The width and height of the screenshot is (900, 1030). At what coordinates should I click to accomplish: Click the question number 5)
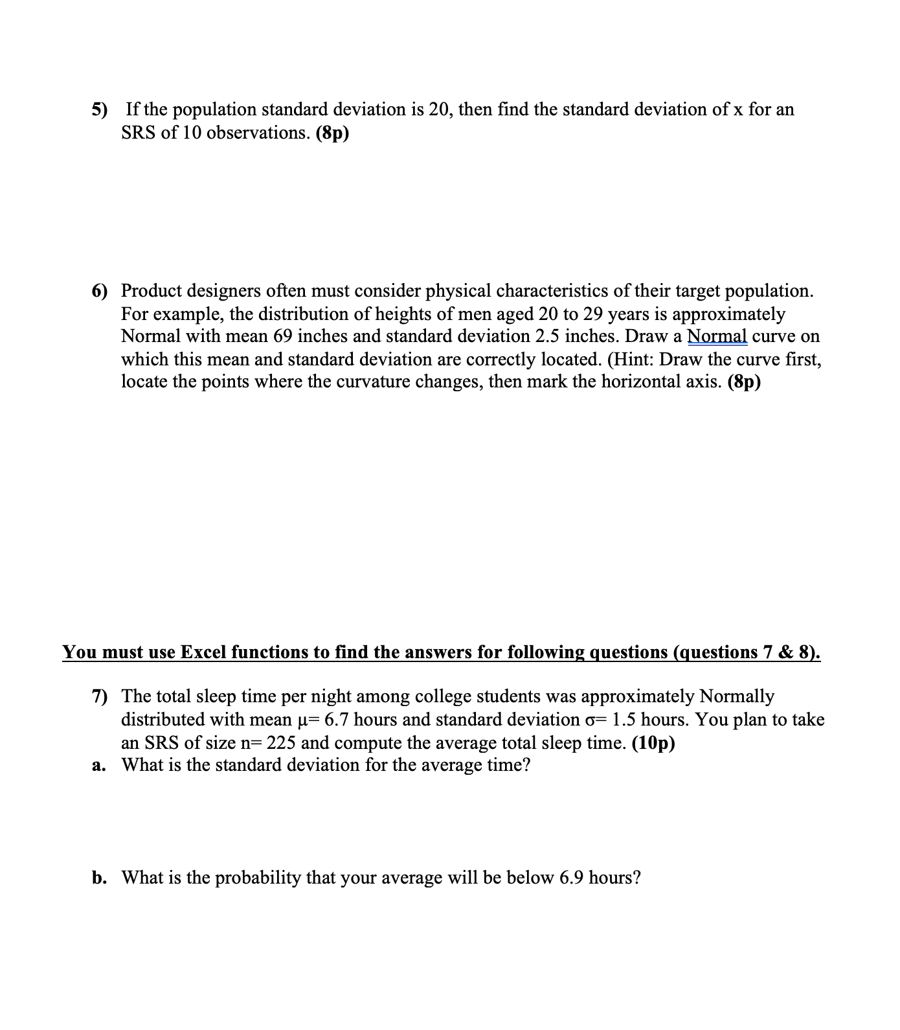click(x=99, y=109)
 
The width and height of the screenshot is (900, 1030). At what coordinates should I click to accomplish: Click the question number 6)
click(x=99, y=291)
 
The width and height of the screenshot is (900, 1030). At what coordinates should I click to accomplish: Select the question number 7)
click(x=99, y=697)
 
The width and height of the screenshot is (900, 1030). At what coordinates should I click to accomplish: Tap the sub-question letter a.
click(x=98, y=766)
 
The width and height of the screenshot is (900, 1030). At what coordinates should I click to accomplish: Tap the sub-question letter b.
click(x=99, y=878)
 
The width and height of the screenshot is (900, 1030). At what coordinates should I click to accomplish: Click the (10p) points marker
click(x=653, y=743)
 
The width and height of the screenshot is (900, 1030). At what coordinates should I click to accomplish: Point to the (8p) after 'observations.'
click(x=332, y=133)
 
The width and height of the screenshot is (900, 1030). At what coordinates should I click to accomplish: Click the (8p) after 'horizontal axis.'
click(x=745, y=382)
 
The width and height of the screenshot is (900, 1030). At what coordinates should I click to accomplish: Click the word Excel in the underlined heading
click(x=202, y=652)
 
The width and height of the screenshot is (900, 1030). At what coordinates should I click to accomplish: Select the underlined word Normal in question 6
click(x=717, y=336)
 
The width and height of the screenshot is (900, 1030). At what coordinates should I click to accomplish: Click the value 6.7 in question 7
click(x=337, y=720)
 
